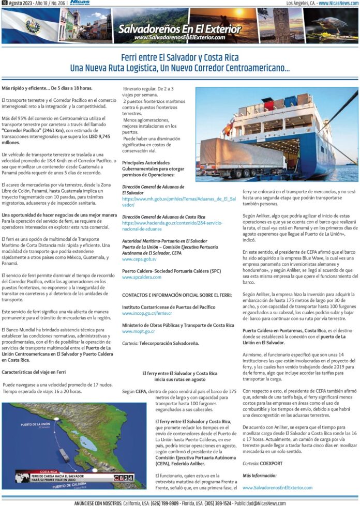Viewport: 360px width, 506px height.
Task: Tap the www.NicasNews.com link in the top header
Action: pos(336,4)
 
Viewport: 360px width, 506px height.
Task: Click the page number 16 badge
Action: pos(4,4)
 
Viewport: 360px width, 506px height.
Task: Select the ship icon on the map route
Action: pos(64,454)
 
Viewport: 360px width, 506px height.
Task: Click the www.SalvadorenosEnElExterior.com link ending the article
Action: pos(277,486)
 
